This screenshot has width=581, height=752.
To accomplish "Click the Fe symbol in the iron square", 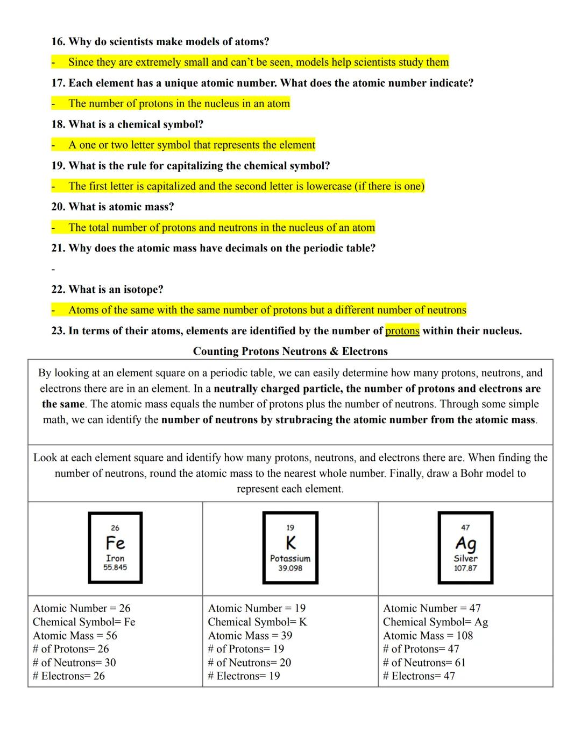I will [115, 543].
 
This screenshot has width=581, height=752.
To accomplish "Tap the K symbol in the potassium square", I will [290, 543].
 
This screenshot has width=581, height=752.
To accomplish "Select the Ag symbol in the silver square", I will [465, 543].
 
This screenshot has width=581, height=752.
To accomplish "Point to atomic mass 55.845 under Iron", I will [115, 567].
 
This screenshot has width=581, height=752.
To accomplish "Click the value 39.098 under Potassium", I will [290, 568].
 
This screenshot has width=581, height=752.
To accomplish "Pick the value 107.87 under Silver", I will [465, 568].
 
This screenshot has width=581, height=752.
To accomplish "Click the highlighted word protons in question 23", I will [402, 331].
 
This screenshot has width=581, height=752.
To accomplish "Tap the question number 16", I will [58, 41].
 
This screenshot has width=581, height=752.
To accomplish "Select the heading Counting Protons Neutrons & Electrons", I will [290, 351].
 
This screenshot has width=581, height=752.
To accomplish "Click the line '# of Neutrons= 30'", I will [74, 662].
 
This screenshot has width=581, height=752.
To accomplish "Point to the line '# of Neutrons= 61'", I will [424, 662].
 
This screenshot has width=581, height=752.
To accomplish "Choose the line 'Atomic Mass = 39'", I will [250, 635].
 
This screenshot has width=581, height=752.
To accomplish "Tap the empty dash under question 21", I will [53, 269].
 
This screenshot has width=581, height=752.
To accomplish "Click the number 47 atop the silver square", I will [465, 528].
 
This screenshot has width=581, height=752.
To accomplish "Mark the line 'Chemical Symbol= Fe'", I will [84, 622].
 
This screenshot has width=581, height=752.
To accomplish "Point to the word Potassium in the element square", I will [290, 558].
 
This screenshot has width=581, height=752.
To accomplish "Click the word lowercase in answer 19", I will [329, 186].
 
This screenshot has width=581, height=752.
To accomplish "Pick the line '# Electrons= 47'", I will [419, 676].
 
